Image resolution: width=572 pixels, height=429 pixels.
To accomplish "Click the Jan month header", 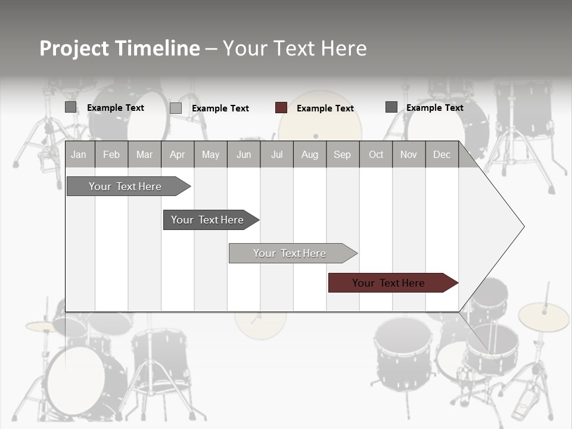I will point(79,154).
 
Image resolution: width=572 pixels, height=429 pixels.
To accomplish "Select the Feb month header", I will point(111,154).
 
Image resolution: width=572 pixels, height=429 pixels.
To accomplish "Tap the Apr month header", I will point(177,154).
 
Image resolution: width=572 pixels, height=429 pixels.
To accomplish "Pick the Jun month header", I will point(244,154).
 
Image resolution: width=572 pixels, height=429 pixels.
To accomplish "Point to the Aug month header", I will point(309,154).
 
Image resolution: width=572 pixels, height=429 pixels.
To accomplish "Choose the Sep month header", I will point(342,154).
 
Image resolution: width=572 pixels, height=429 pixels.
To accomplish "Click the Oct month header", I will point(376,154).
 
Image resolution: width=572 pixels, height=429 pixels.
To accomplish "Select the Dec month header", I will point(442,154).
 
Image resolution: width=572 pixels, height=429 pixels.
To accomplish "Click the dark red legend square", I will point(281,108).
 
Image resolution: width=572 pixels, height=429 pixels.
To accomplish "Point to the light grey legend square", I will point(176,108).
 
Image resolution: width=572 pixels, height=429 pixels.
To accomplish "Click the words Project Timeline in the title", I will point(120,48).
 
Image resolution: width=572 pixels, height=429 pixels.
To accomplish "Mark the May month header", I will point(210,154).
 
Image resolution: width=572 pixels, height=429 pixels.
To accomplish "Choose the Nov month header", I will point(409,154).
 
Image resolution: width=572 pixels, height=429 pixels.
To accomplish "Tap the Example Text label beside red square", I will point(325,108).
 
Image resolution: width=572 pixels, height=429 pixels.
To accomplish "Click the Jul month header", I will point(276,154).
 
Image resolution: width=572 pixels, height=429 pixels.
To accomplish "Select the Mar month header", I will point(144,154).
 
